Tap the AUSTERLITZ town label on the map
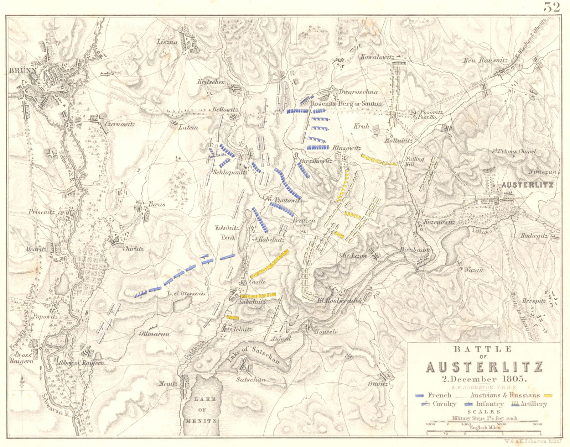tap(528, 185)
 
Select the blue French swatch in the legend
tap(420, 395)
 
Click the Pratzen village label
tap(304, 221)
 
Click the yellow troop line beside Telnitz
tap(233, 317)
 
